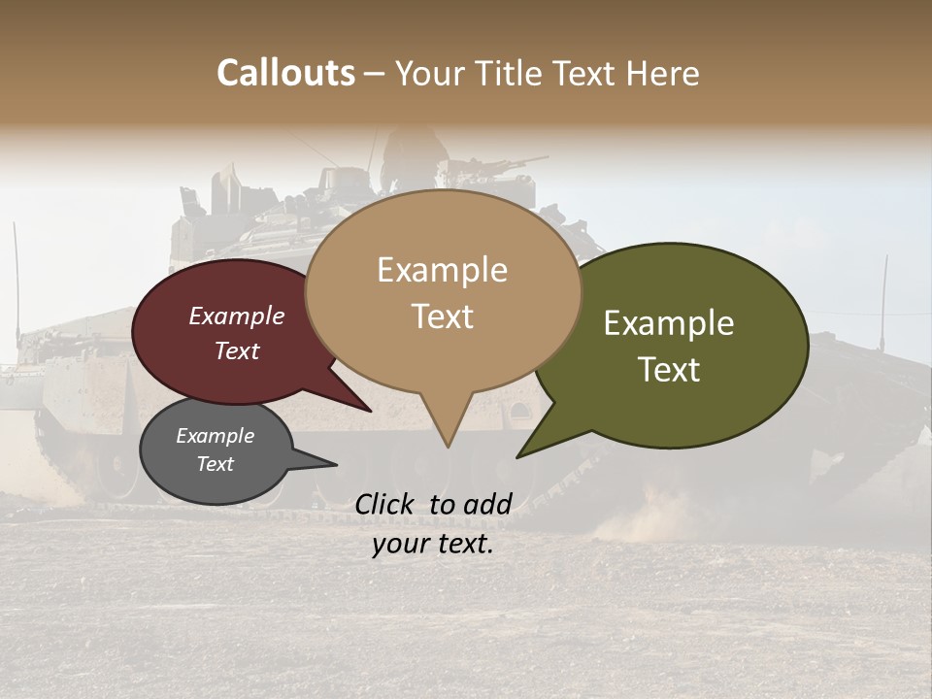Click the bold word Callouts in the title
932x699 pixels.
click(285, 73)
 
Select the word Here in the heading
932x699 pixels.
click(662, 73)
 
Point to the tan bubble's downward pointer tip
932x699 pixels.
click(448, 446)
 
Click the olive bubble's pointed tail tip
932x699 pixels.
click(519, 455)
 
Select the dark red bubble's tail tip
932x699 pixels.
click(370, 411)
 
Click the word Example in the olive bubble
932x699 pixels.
click(669, 323)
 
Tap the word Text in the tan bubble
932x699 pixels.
click(443, 316)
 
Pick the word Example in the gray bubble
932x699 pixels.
click(216, 436)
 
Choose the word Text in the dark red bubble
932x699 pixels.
click(237, 350)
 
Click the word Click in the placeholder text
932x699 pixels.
click(385, 503)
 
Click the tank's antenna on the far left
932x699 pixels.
click(17, 291)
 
